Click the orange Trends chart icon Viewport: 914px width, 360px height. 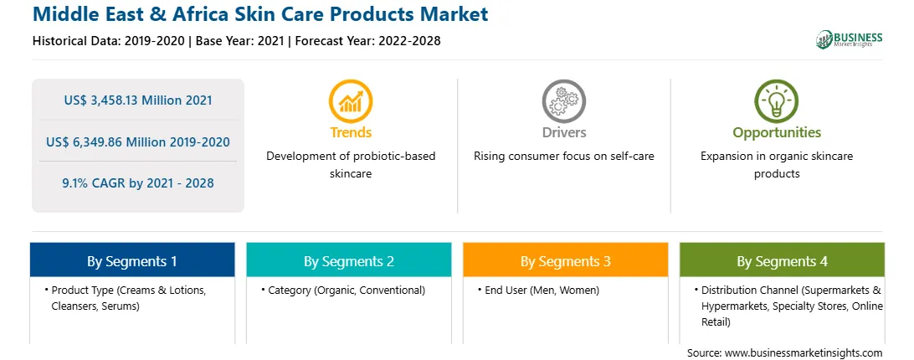point(351,100)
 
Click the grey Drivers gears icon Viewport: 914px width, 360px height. point(563,100)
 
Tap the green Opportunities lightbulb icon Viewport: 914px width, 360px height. point(777,100)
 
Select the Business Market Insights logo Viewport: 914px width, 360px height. point(850,39)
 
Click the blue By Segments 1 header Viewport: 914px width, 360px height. point(132,260)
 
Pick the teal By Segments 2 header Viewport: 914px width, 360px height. point(348,260)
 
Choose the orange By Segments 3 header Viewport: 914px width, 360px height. point(566,260)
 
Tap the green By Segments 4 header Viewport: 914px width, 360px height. point(783,260)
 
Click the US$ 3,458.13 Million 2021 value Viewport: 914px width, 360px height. point(138,100)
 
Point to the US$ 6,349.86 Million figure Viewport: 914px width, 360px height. point(110,141)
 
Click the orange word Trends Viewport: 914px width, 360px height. point(351,132)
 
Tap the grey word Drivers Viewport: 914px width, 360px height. point(563,132)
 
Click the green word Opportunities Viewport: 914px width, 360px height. point(777,132)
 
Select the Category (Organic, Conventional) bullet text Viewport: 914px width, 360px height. point(347,290)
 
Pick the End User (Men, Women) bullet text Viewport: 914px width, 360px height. point(542,290)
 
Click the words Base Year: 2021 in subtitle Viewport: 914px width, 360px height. point(240,41)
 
